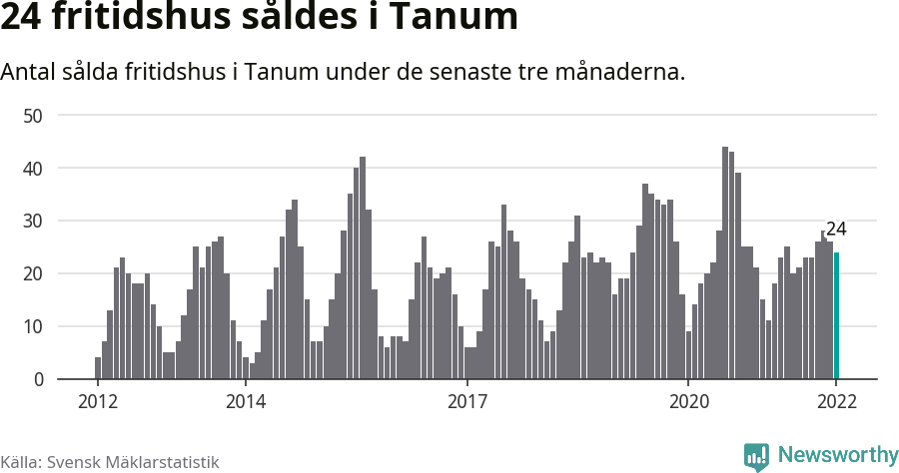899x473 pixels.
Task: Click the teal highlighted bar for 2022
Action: click(836, 315)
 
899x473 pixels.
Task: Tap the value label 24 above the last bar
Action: click(836, 229)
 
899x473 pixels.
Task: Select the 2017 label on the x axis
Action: click(466, 402)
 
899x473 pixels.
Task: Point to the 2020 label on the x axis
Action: click(688, 402)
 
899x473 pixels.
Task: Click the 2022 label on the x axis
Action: click(836, 402)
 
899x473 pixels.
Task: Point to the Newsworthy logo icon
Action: click(756, 457)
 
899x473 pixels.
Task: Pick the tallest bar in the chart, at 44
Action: click(725, 263)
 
